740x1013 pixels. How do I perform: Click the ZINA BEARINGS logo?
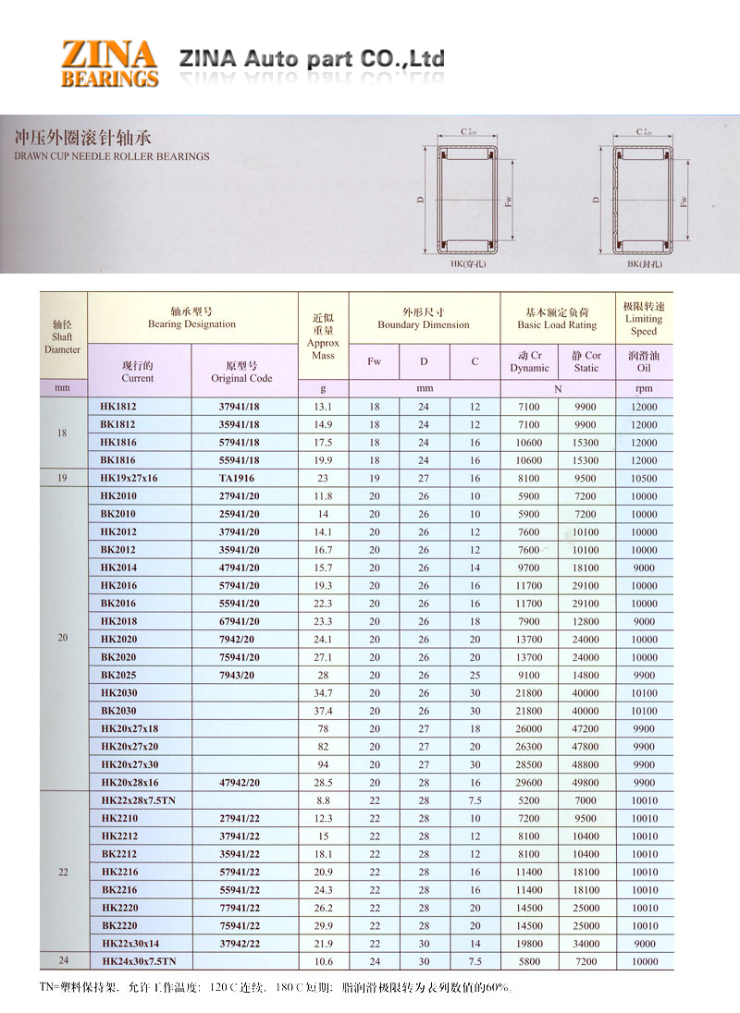(109, 63)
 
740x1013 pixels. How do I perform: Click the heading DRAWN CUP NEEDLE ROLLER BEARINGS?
(113, 156)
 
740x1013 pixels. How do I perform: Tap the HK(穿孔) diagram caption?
(470, 264)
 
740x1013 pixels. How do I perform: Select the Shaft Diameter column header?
(63, 337)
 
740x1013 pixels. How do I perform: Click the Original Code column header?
(241, 372)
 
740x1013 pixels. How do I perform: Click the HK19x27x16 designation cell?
(129, 478)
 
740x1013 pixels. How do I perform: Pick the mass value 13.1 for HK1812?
(323, 407)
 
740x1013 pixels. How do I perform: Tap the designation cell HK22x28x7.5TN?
(138, 800)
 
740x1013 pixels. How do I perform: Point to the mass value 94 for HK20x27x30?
(323, 764)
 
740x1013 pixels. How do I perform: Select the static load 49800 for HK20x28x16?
(586, 782)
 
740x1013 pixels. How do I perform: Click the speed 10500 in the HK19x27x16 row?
(644, 478)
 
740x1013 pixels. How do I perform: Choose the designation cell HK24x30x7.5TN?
(138, 961)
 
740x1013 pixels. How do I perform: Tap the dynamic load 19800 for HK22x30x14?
(529, 944)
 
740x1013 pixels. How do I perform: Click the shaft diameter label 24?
(63, 961)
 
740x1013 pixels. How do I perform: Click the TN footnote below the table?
(277, 986)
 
